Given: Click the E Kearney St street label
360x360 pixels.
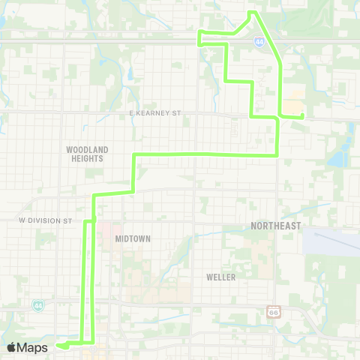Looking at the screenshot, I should pyautogui.click(x=155, y=113).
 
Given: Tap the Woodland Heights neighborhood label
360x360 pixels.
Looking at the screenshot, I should pyautogui.click(x=87, y=154).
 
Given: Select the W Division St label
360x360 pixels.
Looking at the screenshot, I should pyautogui.click(x=45, y=221).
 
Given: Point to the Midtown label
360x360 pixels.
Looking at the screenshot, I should pyautogui.click(x=133, y=238).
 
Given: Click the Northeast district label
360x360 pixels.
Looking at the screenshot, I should pyautogui.click(x=276, y=226).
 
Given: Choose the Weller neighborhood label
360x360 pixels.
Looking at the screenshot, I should pyautogui.click(x=220, y=277).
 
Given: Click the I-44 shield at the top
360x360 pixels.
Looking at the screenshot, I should pyautogui.click(x=259, y=43).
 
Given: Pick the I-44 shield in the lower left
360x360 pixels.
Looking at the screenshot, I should pyautogui.click(x=38, y=305).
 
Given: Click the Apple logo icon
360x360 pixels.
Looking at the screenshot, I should pyautogui.click(x=11, y=347).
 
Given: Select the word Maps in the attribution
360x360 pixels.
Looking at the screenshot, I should pyautogui.click(x=34, y=347).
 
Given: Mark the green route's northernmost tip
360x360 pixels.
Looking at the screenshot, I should pyautogui.click(x=253, y=12).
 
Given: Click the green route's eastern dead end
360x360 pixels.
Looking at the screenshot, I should pyautogui.click(x=301, y=116).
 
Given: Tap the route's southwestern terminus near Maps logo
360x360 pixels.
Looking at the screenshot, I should pyautogui.click(x=59, y=346).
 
